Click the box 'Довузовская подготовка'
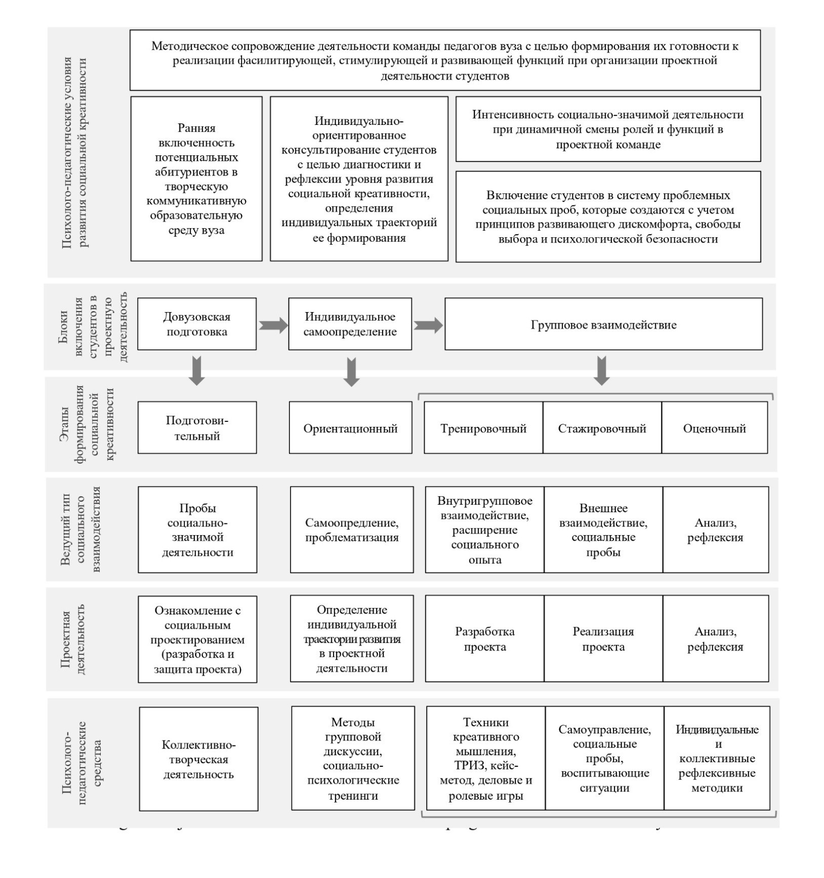196,324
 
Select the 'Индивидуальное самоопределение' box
350,324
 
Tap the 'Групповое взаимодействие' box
603,324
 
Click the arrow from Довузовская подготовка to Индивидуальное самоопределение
273,325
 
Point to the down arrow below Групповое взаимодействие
601,370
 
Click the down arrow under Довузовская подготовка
197,370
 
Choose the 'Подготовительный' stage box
197,428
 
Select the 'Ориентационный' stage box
350,428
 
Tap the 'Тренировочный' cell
483,428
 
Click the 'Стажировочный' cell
602,428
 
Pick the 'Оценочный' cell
714,428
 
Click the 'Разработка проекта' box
484,639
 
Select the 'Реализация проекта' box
603,639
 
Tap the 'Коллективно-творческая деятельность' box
198,759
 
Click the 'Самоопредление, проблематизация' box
351,530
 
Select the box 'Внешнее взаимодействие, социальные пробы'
603,530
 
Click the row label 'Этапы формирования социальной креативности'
94,424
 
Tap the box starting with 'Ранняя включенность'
196,179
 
